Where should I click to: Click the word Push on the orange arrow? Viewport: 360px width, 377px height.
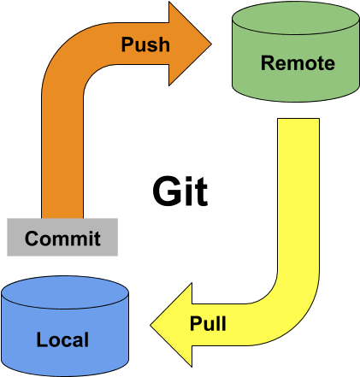pyautogui.click(x=145, y=44)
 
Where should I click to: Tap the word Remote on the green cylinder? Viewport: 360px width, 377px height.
pyautogui.click(x=297, y=62)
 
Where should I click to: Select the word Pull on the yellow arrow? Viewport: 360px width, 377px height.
pyautogui.click(x=208, y=324)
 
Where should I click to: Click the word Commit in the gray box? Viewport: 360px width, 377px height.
pyautogui.click(x=62, y=238)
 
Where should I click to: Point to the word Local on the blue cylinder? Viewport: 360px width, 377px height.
pyautogui.click(x=62, y=339)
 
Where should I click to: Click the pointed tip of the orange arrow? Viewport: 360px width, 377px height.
pyautogui.click(x=210, y=44)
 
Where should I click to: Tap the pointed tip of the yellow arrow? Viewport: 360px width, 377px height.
pyautogui.click(x=153, y=326)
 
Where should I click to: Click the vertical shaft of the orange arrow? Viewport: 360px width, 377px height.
pyautogui.click(x=62, y=162)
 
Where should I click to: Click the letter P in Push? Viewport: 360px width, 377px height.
pyautogui.click(x=127, y=44)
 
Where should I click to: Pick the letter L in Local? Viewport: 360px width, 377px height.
pyautogui.click(x=41, y=339)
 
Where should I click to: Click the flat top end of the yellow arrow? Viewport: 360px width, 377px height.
pyautogui.click(x=298, y=121)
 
